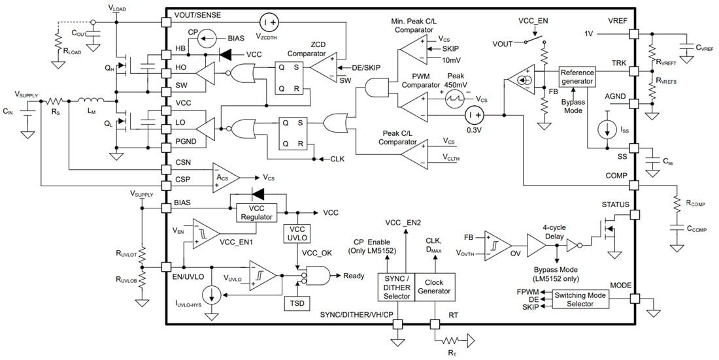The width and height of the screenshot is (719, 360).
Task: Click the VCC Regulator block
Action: tap(257, 213)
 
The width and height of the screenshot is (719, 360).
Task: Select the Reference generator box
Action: tap(577, 76)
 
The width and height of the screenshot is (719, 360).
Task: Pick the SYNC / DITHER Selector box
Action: tap(396, 287)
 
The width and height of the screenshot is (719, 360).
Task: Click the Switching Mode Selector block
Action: tap(580, 299)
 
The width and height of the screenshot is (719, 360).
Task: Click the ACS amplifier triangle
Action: tap(224, 178)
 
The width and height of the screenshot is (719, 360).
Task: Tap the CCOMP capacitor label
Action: tap(697, 229)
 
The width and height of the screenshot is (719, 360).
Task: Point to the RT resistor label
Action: tap(452, 353)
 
